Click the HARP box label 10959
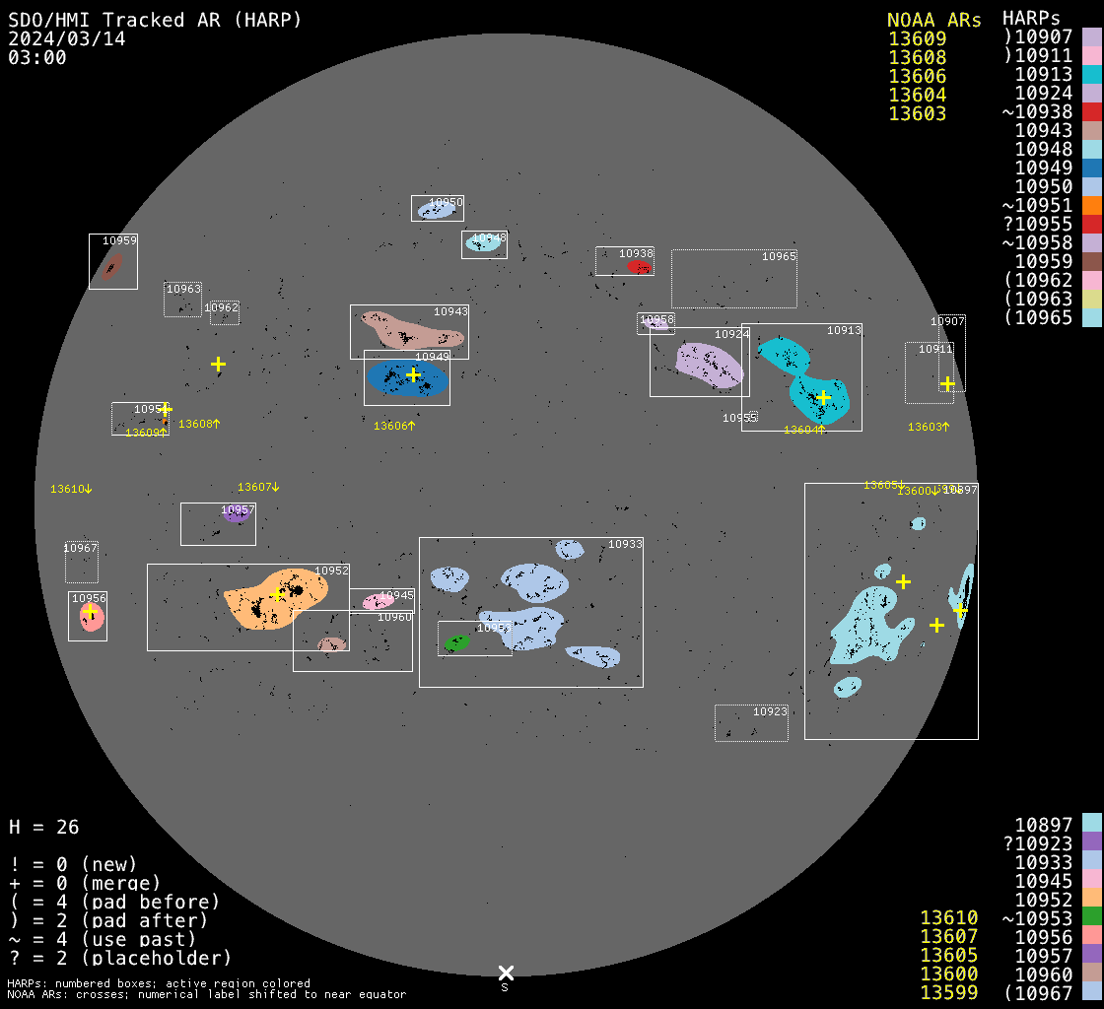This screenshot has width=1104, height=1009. pos(119,240)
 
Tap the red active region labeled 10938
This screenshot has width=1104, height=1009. pos(639,266)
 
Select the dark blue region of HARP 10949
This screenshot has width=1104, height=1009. pos(406,377)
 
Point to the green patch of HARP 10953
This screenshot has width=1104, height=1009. pos(456,642)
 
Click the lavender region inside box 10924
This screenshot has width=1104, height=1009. pos(708,364)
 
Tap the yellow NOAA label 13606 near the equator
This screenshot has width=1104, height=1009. pos(393,426)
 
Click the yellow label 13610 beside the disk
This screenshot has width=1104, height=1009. pos(71,489)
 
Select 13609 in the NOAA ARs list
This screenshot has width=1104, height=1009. pos(917,39)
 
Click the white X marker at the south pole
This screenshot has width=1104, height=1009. pos(506,973)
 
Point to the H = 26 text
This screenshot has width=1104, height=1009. pos(43,827)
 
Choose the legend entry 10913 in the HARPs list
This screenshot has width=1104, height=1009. pos(1044,75)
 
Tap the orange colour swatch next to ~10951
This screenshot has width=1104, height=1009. pos(1091,205)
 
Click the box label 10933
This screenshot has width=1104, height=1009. pos(624,544)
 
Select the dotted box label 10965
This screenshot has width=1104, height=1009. pos(778,256)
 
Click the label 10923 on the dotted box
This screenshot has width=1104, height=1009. pos(770,711)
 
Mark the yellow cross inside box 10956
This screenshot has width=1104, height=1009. pos(91,613)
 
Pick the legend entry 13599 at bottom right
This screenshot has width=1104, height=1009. pos(948,992)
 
